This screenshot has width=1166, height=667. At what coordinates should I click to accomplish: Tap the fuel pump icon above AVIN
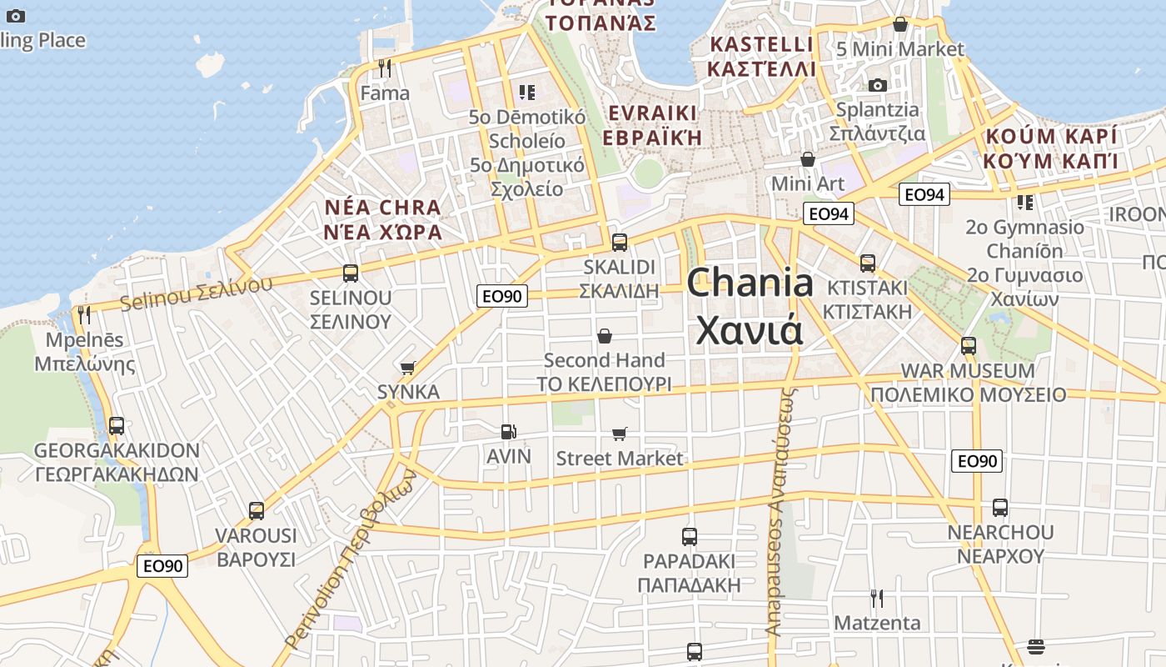(x=509, y=431)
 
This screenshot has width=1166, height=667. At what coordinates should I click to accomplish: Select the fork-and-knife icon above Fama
(x=384, y=68)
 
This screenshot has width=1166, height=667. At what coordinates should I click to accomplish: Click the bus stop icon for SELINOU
(x=351, y=273)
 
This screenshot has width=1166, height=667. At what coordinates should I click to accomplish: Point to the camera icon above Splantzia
(x=877, y=85)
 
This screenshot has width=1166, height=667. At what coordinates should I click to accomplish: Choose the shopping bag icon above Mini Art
(x=807, y=159)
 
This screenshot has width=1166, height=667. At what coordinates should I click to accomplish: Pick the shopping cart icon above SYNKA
(x=407, y=368)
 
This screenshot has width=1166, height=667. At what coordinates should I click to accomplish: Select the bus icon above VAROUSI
(x=257, y=510)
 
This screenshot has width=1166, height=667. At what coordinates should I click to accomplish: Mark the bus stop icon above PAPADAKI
(x=689, y=536)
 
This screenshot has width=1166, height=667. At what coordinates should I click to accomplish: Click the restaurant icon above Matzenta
(x=876, y=598)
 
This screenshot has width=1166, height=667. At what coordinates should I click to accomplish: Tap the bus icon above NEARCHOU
(x=1000, y=507)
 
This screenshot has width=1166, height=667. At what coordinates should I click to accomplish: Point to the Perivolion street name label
(x=350, y=559)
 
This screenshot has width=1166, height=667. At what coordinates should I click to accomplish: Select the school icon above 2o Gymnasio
(x=1024, y=202)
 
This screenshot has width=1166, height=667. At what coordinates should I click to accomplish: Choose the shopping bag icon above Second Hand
(x=605, y=336)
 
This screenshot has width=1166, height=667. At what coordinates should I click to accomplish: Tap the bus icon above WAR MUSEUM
(x=968, y=345)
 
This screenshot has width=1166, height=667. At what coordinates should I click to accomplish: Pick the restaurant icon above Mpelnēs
(x=84, y=315)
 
